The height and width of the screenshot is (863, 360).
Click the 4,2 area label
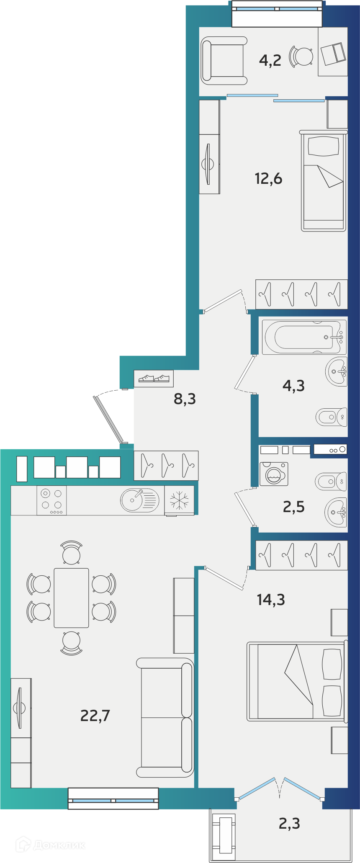point(270,61)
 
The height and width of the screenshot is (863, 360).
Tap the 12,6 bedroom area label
point(268,179)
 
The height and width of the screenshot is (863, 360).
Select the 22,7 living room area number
point(95,716)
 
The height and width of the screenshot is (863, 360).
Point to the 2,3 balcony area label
point(289,824)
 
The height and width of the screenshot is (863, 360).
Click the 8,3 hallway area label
point(185,399)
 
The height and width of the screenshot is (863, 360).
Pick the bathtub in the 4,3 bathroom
point(304,337)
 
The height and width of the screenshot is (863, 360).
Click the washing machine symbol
point(274,474)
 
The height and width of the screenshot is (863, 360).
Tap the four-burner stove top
point(51,500)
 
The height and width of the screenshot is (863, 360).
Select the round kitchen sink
point(140,500)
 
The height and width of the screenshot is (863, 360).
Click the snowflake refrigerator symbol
point(179,500)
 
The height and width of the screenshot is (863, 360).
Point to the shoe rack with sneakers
point(154,379)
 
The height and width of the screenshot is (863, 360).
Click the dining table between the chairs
point(71,598)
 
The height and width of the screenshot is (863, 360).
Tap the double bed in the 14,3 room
point(297,681)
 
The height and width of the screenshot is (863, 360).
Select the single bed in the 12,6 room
point(324,180)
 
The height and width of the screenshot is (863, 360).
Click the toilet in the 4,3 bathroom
point(331,417)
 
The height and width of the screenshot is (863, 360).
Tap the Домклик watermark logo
point(50,845)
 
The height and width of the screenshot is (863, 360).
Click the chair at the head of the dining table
point(72,552)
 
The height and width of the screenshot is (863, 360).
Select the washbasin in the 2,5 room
point(336,512)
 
